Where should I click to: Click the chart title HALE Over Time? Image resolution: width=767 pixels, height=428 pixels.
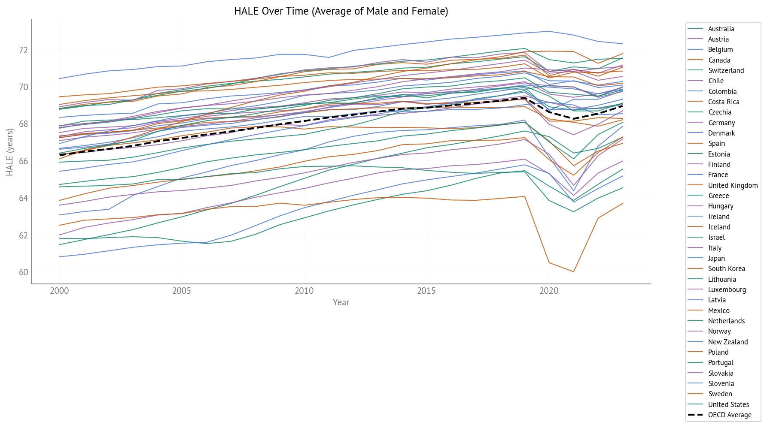[341, 11]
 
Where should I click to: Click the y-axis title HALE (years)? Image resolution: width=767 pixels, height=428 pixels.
[10, 152]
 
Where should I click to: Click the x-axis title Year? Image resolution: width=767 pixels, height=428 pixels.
[341, 302]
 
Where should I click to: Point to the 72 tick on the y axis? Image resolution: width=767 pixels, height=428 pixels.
[23, 50]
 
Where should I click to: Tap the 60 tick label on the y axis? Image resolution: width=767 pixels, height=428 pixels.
[23, 272]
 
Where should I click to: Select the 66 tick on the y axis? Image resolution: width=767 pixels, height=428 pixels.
[23, 161]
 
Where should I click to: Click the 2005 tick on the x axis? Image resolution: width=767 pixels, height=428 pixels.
[182, 291]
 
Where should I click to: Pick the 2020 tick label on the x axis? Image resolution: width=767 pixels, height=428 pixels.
[549, 291]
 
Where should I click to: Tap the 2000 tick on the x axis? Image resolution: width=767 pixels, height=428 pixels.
[59, 291]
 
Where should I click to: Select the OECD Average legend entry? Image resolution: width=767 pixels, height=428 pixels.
[730, 415]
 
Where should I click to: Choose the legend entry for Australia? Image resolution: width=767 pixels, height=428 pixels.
[721, 29]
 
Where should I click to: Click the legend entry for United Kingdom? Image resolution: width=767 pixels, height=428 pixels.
[733, 185]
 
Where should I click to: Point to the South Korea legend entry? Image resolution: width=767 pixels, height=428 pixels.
[726, 268]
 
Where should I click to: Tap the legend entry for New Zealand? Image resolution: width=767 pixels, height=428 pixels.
[728, 342]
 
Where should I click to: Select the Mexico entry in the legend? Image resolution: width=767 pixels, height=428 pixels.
[718, 310]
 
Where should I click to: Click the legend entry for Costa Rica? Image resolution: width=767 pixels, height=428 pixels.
[724, 102]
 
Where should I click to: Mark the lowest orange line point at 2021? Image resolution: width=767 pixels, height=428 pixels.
[573, 271]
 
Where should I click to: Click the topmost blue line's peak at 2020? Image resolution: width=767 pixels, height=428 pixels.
[549, 31]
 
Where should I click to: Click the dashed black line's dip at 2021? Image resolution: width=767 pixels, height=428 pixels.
[573, 119]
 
